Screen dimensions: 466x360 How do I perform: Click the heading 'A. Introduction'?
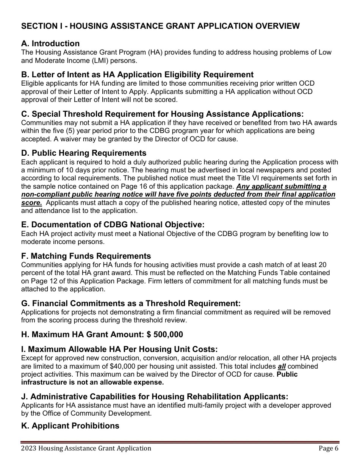coord(50,44)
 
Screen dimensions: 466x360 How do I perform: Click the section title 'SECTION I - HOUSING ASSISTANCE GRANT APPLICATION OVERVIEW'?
coord(160,26)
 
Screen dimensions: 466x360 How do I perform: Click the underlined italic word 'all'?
coord(282,366)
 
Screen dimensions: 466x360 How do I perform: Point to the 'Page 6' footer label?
coord(328,449)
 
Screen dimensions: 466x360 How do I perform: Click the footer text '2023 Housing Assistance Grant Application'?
coord(86,449)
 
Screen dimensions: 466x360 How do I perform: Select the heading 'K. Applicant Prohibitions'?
coord(70,426)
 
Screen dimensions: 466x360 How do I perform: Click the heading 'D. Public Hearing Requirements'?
coord(84,153)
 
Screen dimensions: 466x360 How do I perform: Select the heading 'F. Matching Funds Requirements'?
coord(86,256)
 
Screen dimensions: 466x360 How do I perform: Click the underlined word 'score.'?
coord(31,203)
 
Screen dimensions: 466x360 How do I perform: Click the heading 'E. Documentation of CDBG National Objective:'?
coord(113,225)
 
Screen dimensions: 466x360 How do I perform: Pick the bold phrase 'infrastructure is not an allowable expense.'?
coord(92,382)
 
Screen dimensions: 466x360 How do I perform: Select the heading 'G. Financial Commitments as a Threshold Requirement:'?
coord(131,303)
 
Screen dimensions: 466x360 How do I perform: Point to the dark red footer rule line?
coord(180,442)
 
